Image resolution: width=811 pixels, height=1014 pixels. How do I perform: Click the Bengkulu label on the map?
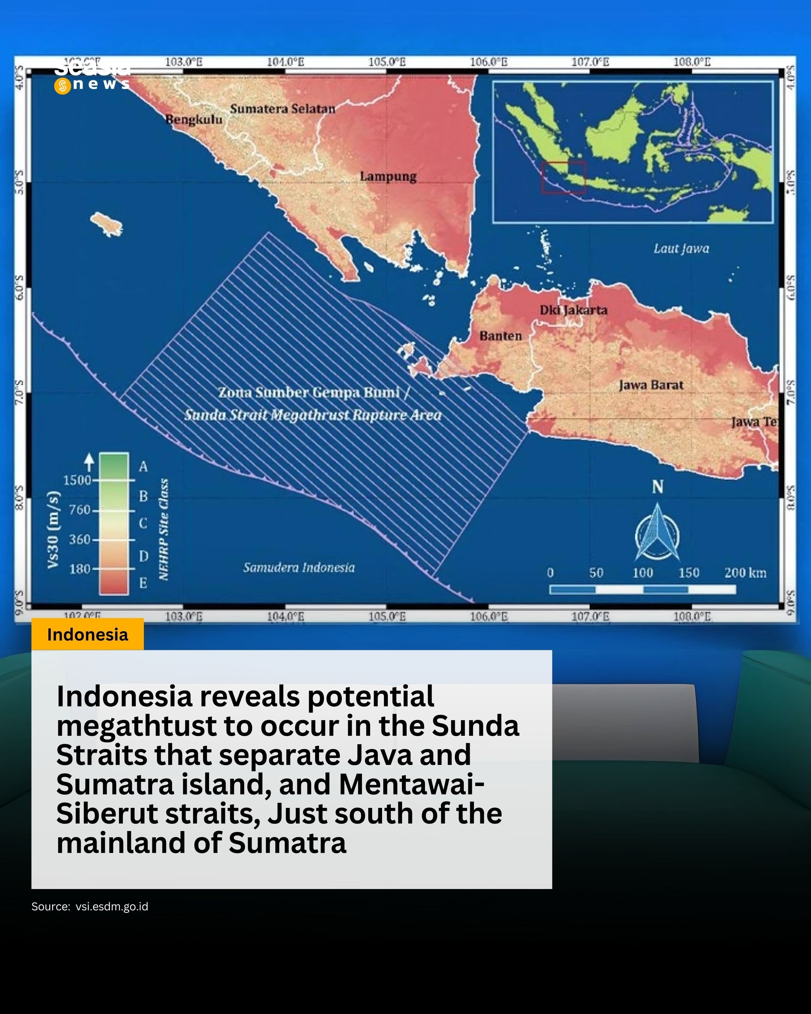194,120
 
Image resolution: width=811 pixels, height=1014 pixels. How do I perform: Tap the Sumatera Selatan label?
283,109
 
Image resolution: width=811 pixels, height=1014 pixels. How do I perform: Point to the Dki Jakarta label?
573,310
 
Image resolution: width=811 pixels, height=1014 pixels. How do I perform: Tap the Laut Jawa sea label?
681,249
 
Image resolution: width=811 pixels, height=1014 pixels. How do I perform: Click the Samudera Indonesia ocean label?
299,567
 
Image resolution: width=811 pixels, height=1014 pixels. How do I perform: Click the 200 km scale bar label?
745,573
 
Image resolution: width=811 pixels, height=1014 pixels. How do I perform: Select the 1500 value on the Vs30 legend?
77,480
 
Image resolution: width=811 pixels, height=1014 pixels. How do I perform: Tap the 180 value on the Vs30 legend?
80,569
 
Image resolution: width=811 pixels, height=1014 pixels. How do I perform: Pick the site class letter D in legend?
143,556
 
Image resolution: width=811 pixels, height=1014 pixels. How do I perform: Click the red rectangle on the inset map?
564,177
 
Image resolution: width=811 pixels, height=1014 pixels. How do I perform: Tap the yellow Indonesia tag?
87,635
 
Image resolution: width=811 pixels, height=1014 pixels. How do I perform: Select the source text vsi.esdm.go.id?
112,907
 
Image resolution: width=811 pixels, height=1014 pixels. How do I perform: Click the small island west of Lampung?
107,224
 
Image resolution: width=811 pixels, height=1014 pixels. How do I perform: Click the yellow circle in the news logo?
62,86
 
